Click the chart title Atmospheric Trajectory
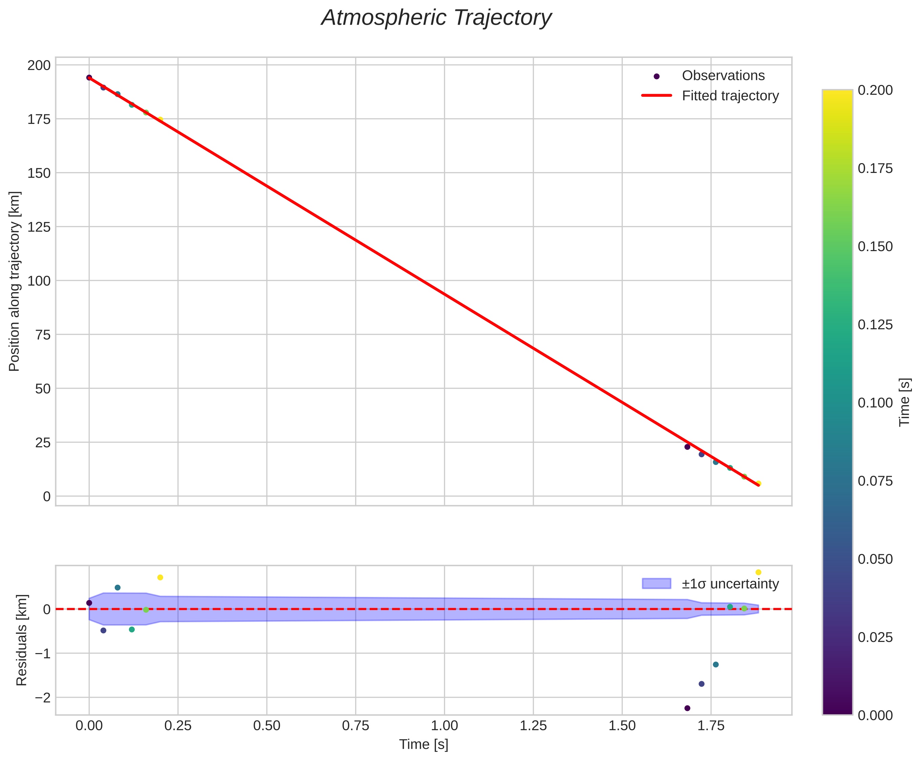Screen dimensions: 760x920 [x=436, y=18]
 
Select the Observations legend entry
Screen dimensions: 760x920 [x=723, y=76]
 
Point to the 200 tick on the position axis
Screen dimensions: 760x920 [x=39, y=65]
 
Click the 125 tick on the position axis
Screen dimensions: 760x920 [x=39, y=227]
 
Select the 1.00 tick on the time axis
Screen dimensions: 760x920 [x=444, y=726]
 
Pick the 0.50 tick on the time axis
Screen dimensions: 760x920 [x=267, y=726]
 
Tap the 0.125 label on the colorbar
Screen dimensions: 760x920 [x=875, y=325]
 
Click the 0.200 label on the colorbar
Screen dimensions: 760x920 [x=875, y=90]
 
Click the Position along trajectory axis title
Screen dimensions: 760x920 [x=15, y=281]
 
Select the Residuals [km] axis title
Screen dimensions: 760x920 [x=21, y=640]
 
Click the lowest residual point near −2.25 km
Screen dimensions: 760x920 [x=687, y=708]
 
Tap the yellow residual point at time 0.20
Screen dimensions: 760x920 [x=160, y=577]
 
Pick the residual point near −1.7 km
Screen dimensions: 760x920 [x=701, y=684]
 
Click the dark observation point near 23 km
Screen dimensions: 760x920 [x=687, y=447]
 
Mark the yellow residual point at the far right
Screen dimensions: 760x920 [x=759, y=572]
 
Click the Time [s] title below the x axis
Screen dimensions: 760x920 [x=423, y=745]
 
